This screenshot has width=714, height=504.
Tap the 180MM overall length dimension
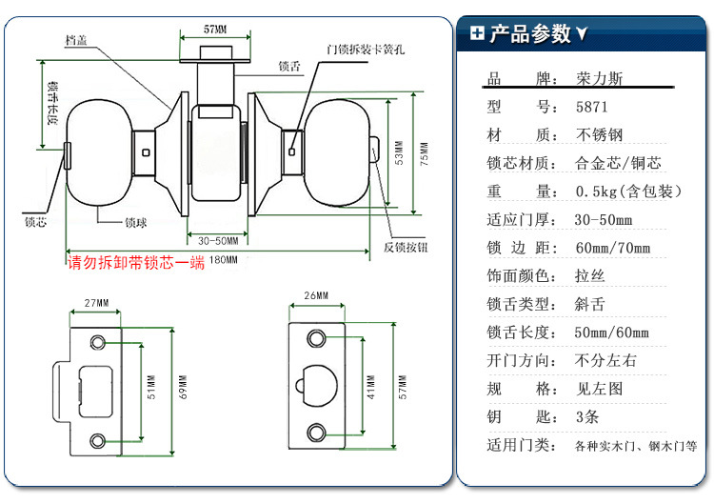tap(225, 260)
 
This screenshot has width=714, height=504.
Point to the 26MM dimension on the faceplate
tap(316, 296)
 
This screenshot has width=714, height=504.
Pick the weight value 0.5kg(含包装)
tap(629, 192)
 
